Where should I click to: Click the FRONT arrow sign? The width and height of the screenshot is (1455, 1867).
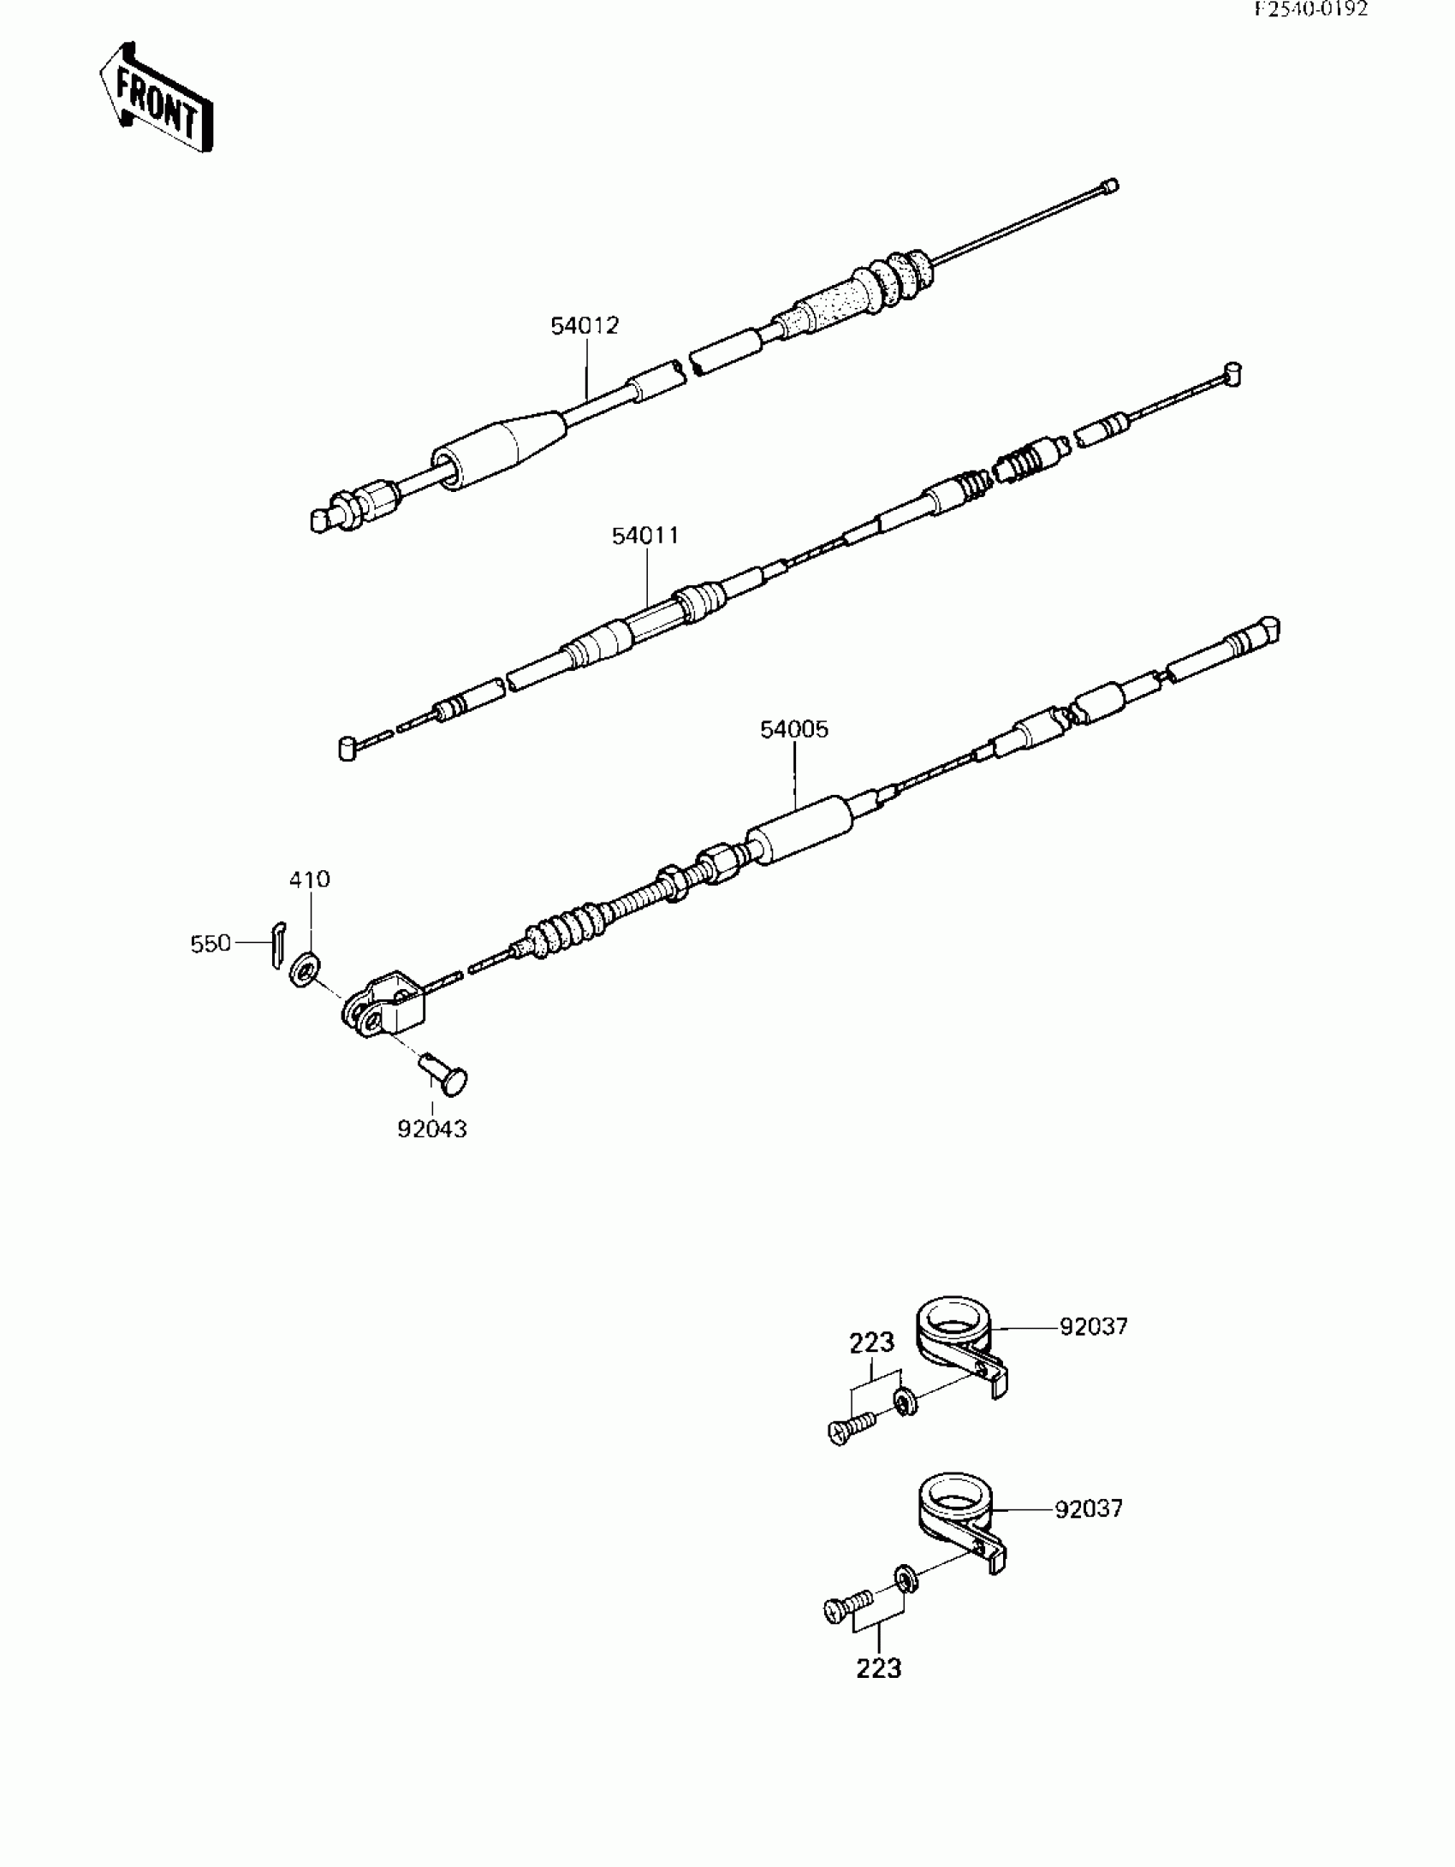point(157,97)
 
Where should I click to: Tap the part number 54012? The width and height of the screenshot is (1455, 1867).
point(585,326)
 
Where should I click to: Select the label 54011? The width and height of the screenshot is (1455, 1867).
point(645,536)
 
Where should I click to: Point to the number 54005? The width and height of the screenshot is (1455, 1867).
point(794,730)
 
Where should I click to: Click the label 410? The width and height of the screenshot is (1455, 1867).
point(310,880)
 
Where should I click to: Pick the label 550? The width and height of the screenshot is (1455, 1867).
point(211,944)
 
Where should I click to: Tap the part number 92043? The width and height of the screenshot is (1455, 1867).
point(432,1129)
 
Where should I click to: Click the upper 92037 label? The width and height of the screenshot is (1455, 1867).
point(1093,1327)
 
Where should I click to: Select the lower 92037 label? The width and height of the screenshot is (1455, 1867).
point(1088,1508)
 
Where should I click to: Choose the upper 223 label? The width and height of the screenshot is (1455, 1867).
point(871,1342)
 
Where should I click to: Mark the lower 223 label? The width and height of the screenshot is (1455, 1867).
point(879,1668)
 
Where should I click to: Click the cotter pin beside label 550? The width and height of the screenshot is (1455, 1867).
point(277,944)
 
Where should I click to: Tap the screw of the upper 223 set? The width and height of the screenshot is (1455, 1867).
point(852,1427)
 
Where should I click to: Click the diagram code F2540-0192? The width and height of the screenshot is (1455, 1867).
point(1311,9)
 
